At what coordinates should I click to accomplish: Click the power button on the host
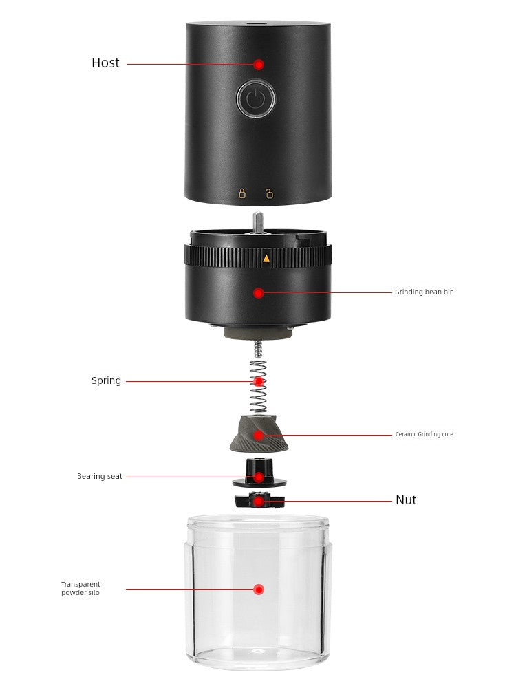(256, 98)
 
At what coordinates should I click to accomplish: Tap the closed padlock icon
(242, 193)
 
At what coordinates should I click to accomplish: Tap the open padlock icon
(269, 193)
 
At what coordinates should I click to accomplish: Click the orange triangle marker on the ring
(266, 259)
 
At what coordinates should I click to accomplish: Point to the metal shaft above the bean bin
(258, 222)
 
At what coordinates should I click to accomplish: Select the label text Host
(105, 63)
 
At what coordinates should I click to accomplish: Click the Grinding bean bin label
(424, 292)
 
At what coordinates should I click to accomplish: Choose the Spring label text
(106, 381)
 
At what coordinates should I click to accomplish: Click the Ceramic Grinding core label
(424, 434)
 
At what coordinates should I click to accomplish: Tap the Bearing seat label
(100, 477)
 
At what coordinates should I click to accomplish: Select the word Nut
(406, 500)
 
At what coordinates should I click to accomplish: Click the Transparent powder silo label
(80, 588)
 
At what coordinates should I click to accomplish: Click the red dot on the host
(259, 65)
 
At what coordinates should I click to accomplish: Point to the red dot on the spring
(259, 382)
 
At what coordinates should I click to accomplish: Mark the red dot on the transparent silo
(259, 590)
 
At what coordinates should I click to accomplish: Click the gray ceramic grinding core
(259, 434)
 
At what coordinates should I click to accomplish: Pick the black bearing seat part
(259, 473)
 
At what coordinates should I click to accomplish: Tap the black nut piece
(260, 501)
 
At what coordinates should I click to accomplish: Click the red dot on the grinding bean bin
(259, 292)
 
